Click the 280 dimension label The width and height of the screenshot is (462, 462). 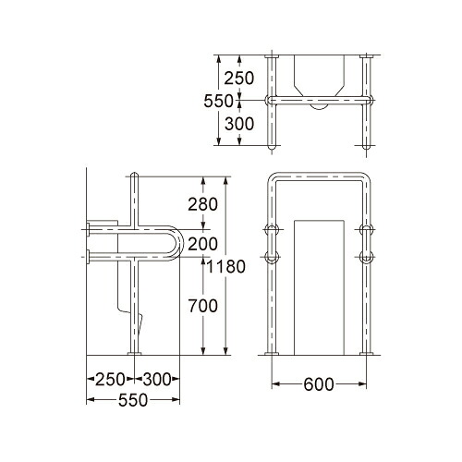(202, 204)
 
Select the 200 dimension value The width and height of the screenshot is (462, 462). (202, 244)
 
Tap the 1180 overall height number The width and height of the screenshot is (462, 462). (225, 267)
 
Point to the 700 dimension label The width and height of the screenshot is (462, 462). (202, 306)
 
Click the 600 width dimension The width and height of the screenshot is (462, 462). (319, 384)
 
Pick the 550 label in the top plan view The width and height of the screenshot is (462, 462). (219, 101)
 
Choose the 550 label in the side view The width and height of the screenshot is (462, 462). (133, 400)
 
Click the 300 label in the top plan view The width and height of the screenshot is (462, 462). (239, 124)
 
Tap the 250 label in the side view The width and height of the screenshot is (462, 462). (110, 379)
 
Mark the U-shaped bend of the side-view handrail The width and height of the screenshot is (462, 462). (181, 244)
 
